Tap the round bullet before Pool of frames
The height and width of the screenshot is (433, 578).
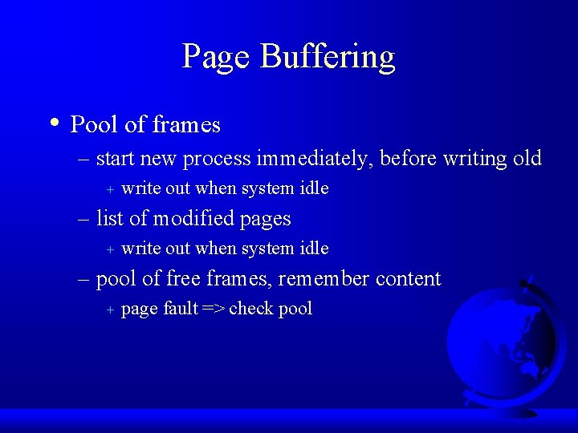click(x=52, y=123)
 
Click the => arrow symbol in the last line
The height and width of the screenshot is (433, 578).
click(x=214, y=309)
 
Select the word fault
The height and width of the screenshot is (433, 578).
click(x=180, y=309)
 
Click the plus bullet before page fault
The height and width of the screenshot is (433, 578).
click(x=110, y=310)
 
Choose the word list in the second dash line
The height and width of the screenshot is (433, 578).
click(x=108, y=218)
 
